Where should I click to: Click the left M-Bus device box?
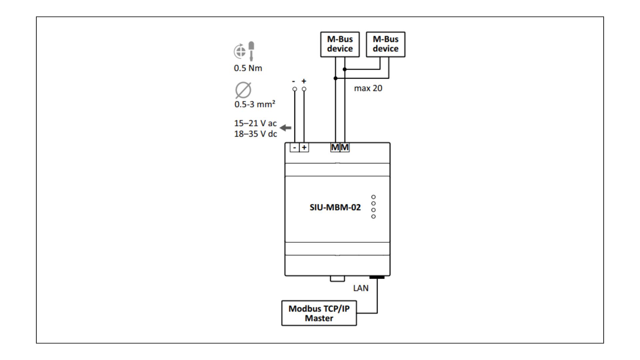click(x=340, y=44)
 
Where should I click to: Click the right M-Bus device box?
click(x=385, y=44)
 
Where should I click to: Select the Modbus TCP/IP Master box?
click(x=319, y=313)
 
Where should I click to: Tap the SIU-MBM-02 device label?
click(x=335, y=207)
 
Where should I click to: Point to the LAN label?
click(x=361, y=288)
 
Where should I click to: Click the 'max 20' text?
click(x=368, y=88)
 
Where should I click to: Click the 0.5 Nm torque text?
click(x=248, y=68)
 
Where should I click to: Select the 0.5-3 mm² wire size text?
click(x=255, y=104)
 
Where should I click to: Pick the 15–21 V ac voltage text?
click(x=255, y=123)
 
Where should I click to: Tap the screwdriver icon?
click(x=251, y=51)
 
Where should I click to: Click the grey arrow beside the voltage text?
click(x=285, y=128)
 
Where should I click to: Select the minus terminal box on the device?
click(x=295, y=147)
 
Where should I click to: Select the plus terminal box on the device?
click(x=304, y=147)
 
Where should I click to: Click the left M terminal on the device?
click(x=335, y=147)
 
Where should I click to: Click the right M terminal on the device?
click(x=345, y=147)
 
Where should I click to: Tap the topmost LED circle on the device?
click(x=373, y=197)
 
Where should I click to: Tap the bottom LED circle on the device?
click(x=373, y=216)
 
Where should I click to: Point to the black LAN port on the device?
click(x=377, y=277)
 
